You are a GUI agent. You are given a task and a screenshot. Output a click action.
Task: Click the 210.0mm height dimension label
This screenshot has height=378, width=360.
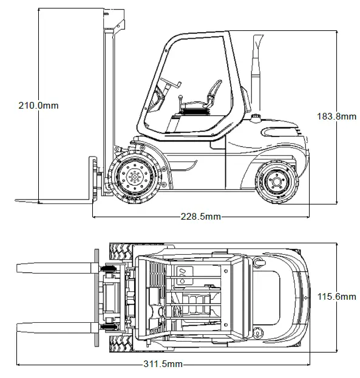tap(38, 105)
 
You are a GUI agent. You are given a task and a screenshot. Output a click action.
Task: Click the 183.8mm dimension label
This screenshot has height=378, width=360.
tap(336, 116)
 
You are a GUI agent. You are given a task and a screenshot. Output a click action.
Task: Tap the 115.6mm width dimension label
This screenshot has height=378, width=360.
tap(336, 297)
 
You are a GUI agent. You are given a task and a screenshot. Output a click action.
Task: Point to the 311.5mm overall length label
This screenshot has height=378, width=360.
tap(162, 364)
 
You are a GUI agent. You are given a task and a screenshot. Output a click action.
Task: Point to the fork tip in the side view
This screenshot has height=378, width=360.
tap(18, 200)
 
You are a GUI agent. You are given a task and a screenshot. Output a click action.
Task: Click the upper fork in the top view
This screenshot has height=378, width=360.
tap(55, 267)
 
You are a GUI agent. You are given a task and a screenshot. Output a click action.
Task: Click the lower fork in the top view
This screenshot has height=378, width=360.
tap(55, 328)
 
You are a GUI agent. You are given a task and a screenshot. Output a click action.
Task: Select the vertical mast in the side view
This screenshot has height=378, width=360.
tap(109, 91)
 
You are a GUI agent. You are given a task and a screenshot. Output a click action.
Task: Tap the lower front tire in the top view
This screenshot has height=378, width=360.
tap(124, 345)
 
